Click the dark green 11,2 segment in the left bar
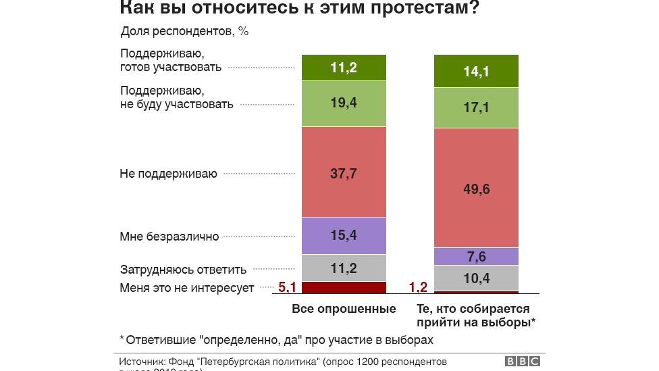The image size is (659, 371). click(344, 68)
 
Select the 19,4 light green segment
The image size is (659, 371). click(344, 103)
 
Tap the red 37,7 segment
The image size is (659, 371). click(344, 172)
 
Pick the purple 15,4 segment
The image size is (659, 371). click(344, 235)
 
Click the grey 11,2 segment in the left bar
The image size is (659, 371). click(344, 268)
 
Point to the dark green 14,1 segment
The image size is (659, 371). click(476, 71)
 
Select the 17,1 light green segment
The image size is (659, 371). click(476, 107)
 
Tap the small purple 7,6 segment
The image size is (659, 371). click(476, 257)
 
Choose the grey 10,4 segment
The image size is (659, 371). click(476, 278)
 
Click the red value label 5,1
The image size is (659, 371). click(288, 288)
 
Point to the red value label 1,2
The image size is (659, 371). click(419, 288)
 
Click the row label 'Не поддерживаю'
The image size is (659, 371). click(168, 174)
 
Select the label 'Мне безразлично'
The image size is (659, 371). click(169, 237)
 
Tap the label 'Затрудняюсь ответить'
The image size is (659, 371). click(183, 269)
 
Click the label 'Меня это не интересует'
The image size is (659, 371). click(187, 288)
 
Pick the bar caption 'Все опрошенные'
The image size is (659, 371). click(344, 310)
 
